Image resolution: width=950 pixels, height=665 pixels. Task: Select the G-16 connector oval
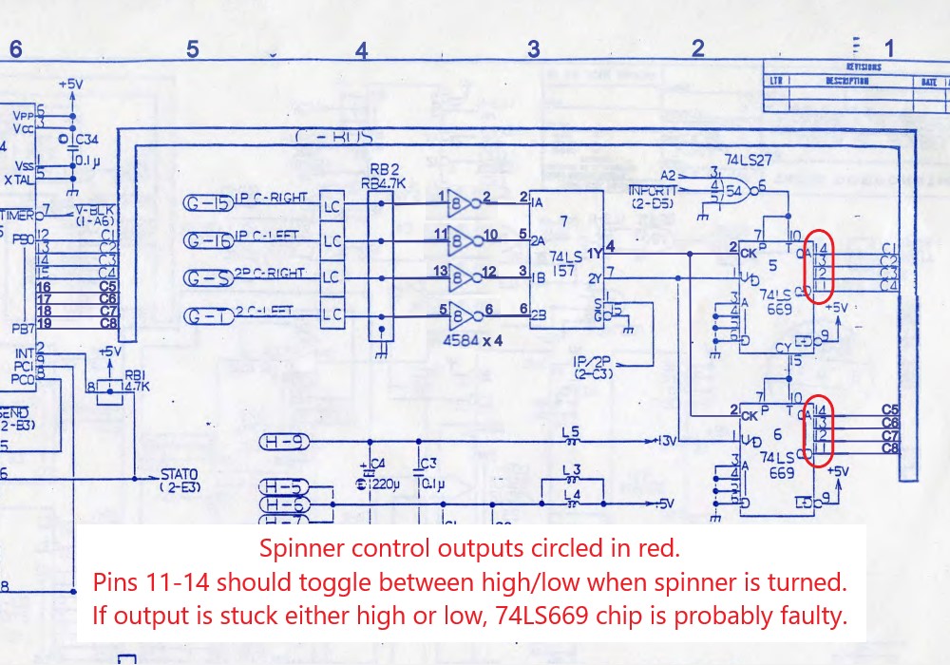[207, 241]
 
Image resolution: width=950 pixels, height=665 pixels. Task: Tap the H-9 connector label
[284, 442]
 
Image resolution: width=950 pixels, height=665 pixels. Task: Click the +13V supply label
[666, 442]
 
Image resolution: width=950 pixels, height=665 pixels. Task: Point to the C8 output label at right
[890, 447]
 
